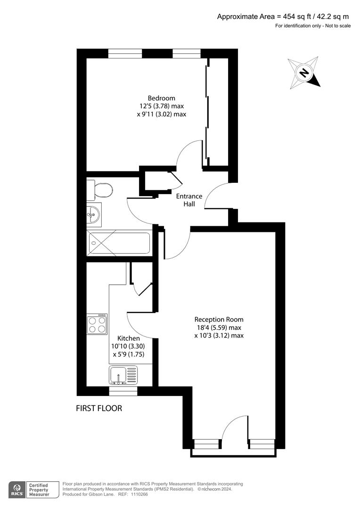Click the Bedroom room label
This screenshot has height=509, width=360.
click(161, 98)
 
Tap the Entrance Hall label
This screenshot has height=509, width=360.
click(189, 200)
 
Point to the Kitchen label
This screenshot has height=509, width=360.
click(128, 338)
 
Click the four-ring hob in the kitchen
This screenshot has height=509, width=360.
click(98, 324)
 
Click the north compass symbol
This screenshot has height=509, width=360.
click(304, 74)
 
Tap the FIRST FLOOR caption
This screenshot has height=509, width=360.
click(99, 408)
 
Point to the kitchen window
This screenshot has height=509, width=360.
click(123, 391)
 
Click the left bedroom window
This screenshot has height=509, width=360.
click(125, 53)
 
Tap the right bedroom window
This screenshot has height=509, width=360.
click(186, 53)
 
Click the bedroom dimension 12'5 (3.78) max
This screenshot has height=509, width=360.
click(161, 106)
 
